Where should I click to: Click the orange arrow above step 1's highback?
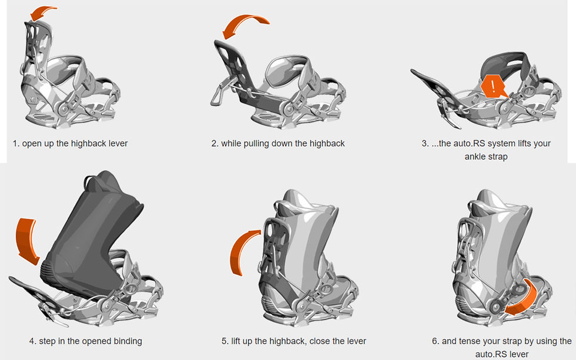click(x=42, y=12)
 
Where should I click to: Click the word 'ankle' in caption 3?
click(x=475, y=157)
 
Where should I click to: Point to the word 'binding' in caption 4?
click(x=128, y=341)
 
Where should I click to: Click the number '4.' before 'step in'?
click(x=33, y=341)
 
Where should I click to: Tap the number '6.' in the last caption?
click(x=436, y=341)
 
